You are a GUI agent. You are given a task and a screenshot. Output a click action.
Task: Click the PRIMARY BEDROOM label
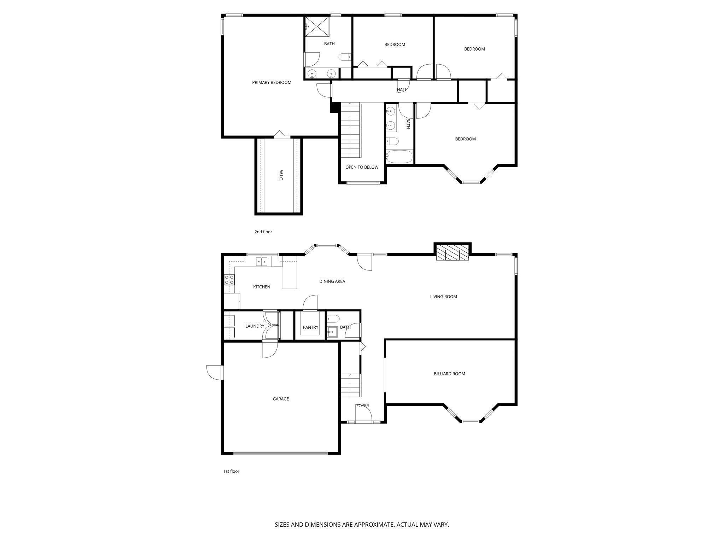tap(271, 83)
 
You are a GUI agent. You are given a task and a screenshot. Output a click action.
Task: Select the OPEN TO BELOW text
tap(362, 167)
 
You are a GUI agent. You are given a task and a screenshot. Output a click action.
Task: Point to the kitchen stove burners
tap(229, 280)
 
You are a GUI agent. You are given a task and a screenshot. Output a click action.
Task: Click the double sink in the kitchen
tap(262, 262)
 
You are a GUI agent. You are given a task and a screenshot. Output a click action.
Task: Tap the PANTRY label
tap(310, 327)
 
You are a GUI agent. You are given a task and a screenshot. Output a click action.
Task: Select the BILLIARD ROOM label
tap(449, 374)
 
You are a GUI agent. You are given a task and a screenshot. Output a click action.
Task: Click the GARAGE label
tap(281, 399)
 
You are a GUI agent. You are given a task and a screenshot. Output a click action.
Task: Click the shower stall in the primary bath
tap(317, 26)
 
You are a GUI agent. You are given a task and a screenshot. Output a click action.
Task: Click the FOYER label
tap(362, 406)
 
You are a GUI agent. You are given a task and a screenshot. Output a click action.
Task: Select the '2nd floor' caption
tap(263, 232)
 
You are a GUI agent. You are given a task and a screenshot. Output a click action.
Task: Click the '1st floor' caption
tap(231, 471)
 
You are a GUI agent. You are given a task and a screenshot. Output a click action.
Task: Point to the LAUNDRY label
tap(255, 326)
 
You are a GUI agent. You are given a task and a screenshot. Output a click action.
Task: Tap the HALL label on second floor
tap(402, 90)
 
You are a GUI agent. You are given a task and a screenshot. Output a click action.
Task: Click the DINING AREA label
tap(332, 281)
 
